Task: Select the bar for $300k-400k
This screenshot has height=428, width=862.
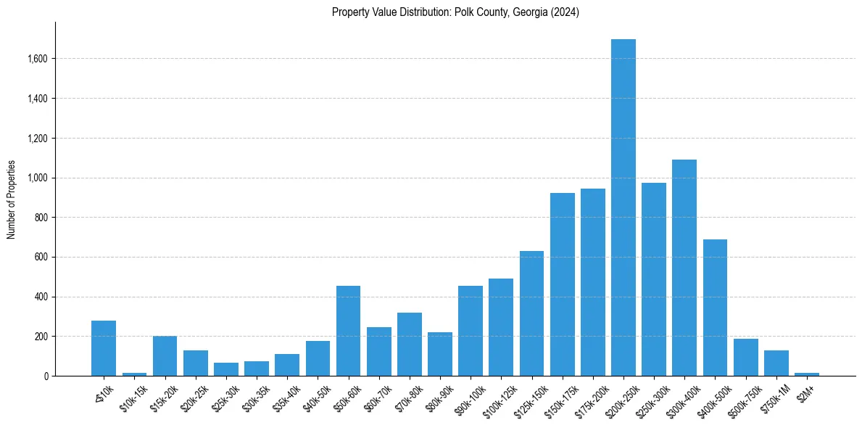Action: pyautogui.click(x=684, y=268)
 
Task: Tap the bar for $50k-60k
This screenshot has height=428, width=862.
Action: pyautogui.click(x=348, y=331)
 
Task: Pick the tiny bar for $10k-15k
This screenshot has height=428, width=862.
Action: pyautogui.click(x=134, y=374)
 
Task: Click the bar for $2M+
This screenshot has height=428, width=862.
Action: pyautogui.click(x=806, y=374)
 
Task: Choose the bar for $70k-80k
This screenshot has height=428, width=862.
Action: pyautogui.click(x=409, y=345)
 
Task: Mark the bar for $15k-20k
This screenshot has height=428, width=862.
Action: pyautogui.click(x=165, y=356)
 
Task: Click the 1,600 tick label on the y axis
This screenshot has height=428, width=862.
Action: pyautogui.click(x=38, y=59)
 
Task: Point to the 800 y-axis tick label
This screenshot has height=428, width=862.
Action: pyautogui.click(x=41, y=218)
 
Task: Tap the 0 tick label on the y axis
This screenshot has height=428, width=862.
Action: pyautogui.click(x=46, y=376)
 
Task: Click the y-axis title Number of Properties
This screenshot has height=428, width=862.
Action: pyautogui.click(x=11, y=199)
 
